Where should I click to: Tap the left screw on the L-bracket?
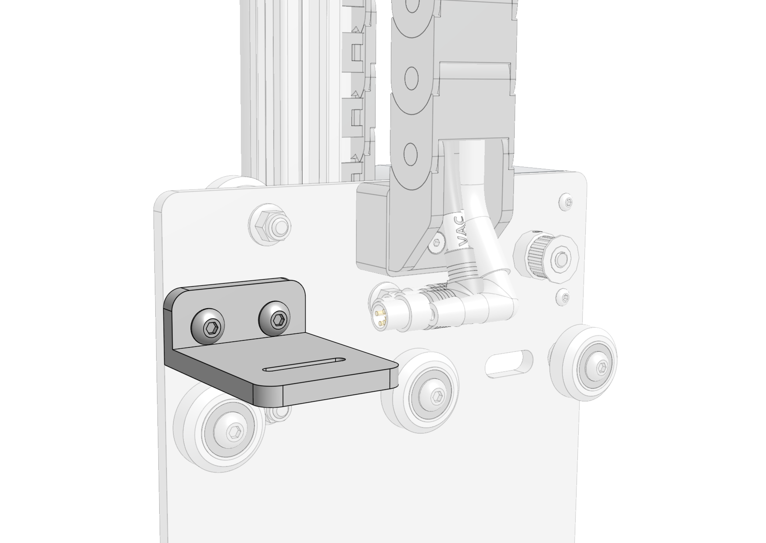pos(208,327)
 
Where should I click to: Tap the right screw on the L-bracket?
pos(276,318)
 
